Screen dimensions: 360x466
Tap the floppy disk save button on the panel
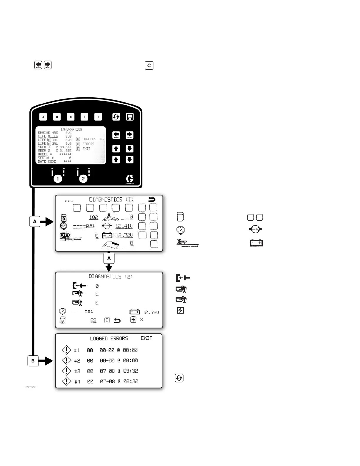click(x=130, y=117)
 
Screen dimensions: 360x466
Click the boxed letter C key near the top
click(x=149, y=66)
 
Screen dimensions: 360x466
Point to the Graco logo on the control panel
click(x=129, y=179)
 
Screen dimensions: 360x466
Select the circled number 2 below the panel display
click(x=83, y=179)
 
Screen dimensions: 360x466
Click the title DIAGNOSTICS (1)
click(x=111, y=199)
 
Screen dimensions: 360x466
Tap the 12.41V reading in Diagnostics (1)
click(x=124, y=226)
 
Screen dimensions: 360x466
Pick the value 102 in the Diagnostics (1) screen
click(x=94, y=217)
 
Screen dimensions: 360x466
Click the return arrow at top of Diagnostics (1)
click(x=152, y=199)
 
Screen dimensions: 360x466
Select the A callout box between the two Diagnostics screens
click(x=109, y=258)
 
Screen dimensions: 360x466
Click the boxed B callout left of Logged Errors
click(x=33, y=361)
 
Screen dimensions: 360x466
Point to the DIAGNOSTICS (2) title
click(x=111, y=277)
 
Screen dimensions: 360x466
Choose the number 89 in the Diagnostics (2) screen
click(x=93, y=320)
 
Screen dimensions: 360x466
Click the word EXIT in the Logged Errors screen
click(x=146, y=338)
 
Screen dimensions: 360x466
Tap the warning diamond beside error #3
click(x=66, y=371)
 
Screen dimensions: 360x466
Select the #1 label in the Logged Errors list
click(x=77, y=350)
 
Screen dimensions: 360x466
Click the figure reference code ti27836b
click(x=30, y=387)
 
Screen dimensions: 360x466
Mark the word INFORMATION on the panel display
click(x=71, y=129)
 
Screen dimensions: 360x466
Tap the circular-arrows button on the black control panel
click(x=116, y=117)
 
